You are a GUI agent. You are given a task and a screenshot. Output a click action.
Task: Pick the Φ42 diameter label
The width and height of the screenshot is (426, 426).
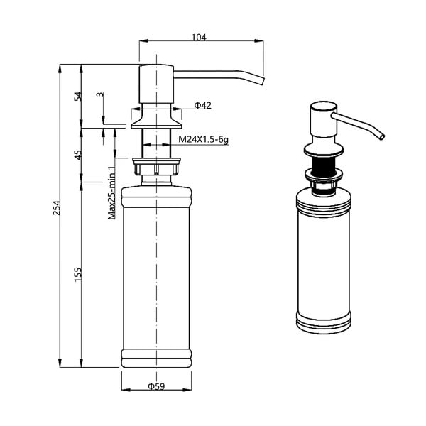pyautogui.click(x=202, y=106)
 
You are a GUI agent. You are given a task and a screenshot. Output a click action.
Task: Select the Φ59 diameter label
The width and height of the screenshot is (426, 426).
pyautogui.click(x=156, y=387)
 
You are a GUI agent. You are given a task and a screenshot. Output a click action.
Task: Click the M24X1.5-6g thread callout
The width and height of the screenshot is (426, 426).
pyautogui.click(x=204, y=140)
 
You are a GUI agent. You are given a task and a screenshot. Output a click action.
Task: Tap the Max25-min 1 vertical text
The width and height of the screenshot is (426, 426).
pyautogui.click(x=111, y=192)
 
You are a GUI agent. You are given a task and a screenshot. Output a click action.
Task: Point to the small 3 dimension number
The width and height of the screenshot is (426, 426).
pyautogui.click(x=99, y=94)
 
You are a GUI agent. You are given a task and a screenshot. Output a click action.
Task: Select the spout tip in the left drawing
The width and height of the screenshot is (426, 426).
pyautogui.click(x=260, y=81)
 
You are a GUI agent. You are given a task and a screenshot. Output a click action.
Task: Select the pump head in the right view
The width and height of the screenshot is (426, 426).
pyautogui.click(x=320, y=122)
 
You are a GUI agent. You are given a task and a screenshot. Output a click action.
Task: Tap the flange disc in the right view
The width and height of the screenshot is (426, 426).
pyautogui.click(x=324, y=150)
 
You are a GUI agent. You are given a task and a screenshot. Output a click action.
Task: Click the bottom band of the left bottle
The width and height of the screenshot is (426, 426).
pyautogui.click(x=156, y=358)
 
